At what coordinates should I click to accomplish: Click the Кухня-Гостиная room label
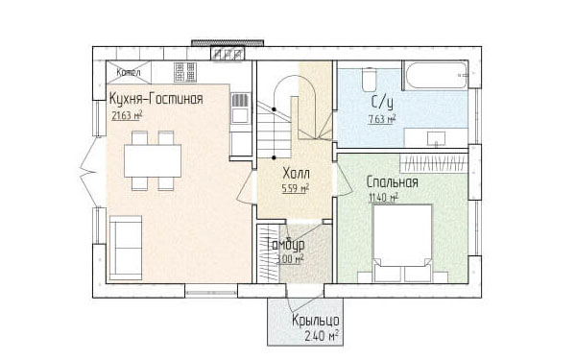pos(156,99)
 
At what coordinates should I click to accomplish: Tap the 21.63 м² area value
pos(127,115)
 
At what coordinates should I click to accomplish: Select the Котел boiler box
pos(129,72)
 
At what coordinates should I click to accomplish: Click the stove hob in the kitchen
pos(185,72)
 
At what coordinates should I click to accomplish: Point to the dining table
pos(153,161)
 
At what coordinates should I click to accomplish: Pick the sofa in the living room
pos(126,248)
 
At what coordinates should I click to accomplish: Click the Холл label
pos(296,174)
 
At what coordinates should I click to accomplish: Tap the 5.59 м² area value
pos(296,188)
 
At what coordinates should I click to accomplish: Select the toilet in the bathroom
pos(369,79)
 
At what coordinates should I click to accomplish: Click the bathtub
pos(436,75)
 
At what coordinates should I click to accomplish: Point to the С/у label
pos(382,103)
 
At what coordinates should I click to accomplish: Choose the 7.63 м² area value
pos(382,119)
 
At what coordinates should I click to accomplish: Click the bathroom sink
pos(436,138)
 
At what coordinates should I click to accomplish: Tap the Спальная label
pos(393,182)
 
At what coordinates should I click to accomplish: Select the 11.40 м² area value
pos(383,198)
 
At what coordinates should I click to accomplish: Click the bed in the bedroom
pos(402,243)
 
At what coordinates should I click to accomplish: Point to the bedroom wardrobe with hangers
pos(434,163)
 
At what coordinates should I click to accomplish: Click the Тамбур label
pos(286,244)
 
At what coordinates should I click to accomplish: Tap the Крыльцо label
pos(316,321)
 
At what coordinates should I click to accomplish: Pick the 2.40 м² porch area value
pos(322,336)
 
